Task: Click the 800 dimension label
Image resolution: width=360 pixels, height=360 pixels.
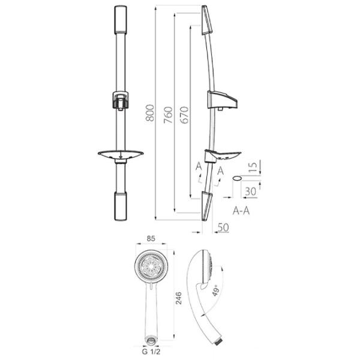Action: point(150,113)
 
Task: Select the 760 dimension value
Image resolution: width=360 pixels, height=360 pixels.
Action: point(168,115)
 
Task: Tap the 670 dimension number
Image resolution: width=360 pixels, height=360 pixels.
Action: point(184,115)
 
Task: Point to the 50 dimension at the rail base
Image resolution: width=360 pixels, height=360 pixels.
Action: point(223,227)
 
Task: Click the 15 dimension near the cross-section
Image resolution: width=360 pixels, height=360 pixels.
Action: point(253,167)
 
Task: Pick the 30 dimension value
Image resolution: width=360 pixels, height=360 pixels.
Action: point(250,191)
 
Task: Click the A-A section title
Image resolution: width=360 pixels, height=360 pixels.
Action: point(241,211)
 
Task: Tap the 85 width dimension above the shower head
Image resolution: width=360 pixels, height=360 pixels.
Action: point(151,239)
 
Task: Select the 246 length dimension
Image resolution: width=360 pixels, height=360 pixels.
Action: point(179,298)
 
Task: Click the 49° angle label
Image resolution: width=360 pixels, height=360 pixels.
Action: point(215,291)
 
